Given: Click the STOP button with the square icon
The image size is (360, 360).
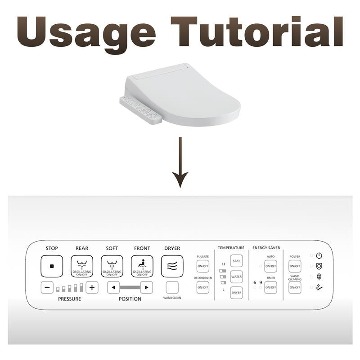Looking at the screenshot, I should [52, 266].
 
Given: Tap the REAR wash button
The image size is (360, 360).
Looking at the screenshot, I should [82, 266].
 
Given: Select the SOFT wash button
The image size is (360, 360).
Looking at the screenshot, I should [112, 266].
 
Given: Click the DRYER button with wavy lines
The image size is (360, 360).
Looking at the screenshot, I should [172, 266].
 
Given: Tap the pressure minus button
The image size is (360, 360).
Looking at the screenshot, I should [47, 287].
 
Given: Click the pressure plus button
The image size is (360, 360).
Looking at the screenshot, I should [92, 287].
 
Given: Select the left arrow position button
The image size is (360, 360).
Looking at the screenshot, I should [113, 287].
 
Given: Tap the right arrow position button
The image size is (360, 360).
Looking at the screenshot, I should [146, 287].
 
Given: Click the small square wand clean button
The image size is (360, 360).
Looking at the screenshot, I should [172, 287].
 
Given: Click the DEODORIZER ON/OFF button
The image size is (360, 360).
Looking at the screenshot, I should [203, 287].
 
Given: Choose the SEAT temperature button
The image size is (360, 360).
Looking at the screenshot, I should [236, 261].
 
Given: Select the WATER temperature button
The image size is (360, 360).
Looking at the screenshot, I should [236, 276].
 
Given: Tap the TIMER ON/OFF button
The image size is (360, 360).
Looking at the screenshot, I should [270, 287].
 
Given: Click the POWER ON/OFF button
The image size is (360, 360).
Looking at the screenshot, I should [295, 266].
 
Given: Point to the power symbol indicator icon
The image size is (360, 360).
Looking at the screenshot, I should [319, 256].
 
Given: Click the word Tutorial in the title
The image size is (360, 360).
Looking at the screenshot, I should [259, 32].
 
